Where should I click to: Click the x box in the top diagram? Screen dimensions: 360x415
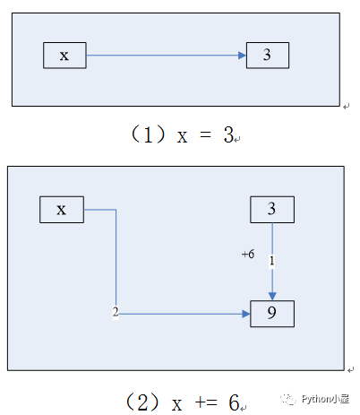point(64,56)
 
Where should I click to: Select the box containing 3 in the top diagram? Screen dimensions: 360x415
point(268,56)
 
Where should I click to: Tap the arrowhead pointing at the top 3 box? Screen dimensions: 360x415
point(242,56)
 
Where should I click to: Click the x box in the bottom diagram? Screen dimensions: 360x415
point(62,210)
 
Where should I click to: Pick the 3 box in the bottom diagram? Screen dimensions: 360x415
point(272,210)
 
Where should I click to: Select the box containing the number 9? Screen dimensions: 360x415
point(272,314)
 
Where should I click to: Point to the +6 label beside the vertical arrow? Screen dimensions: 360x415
point(248,254)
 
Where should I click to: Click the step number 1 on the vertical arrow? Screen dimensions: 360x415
point(271,261)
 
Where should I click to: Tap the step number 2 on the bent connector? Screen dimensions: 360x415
point(116,312)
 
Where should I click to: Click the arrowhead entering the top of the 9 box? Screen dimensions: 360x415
point(272,297)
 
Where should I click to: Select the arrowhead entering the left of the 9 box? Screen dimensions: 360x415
point(246,314)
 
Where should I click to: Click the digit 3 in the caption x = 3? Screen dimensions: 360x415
point(228,134)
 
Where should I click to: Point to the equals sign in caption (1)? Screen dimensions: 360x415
point(205,134)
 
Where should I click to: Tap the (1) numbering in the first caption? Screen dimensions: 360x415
point(148,134)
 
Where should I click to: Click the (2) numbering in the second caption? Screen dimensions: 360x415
point(142,402)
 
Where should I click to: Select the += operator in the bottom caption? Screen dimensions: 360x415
point(206,402)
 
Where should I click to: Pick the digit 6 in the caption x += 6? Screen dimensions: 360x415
point(234,402)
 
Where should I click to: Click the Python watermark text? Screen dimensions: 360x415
point(325,399)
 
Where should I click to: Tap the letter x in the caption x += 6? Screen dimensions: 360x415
point(176,404)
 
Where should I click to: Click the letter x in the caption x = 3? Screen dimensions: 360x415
point(182,137)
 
